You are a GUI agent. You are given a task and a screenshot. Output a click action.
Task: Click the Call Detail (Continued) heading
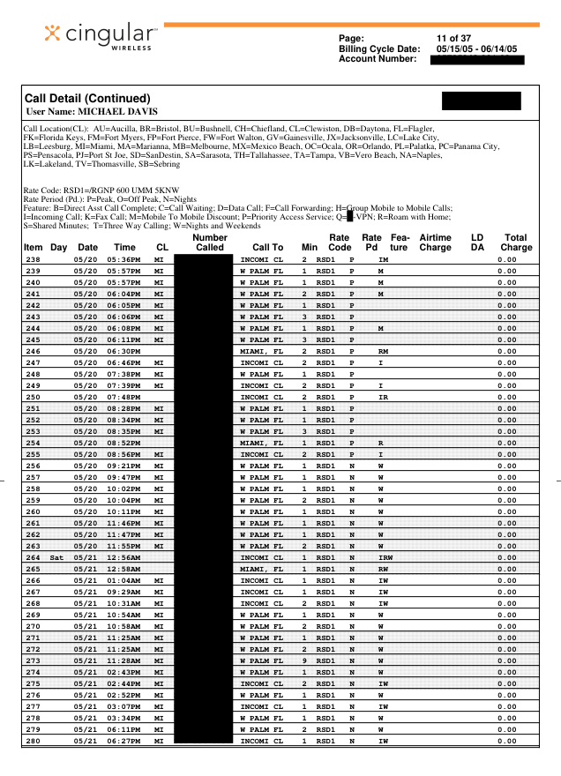point(88,98)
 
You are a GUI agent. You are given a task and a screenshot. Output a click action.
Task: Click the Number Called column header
point(209,242)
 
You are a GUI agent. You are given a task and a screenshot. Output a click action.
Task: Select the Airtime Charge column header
point(435,242)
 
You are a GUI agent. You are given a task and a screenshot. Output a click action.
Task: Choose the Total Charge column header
point(516,242)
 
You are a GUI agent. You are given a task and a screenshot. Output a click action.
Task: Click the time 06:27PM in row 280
point(123,741)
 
